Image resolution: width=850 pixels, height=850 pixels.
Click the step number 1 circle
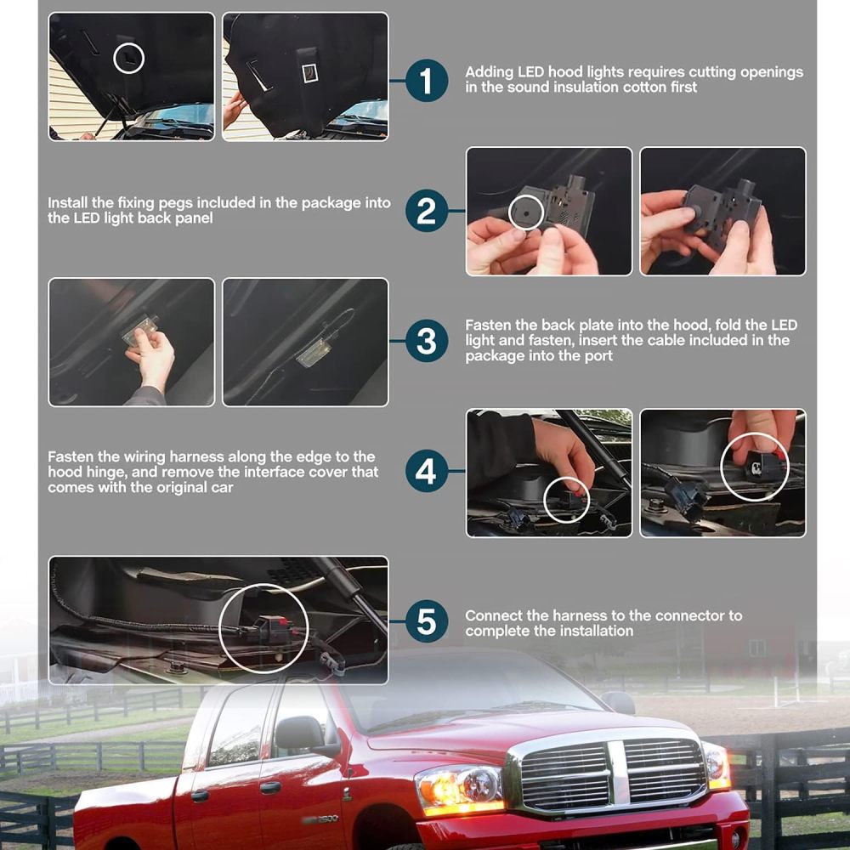(x=427, y=81)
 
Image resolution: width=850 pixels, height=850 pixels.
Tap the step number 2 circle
(x=427, y=211)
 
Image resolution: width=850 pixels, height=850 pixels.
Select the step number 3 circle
(x=427, y=342)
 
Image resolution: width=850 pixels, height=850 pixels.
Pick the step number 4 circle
(x=427, y=472)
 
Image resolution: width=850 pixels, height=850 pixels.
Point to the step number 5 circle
(x=427, y=622)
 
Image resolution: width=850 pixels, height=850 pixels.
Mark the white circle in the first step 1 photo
(x=129, y=58)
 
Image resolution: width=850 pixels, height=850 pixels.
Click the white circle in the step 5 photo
(x=263, y=629)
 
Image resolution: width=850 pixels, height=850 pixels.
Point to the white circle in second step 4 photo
(x=755, y=467)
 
